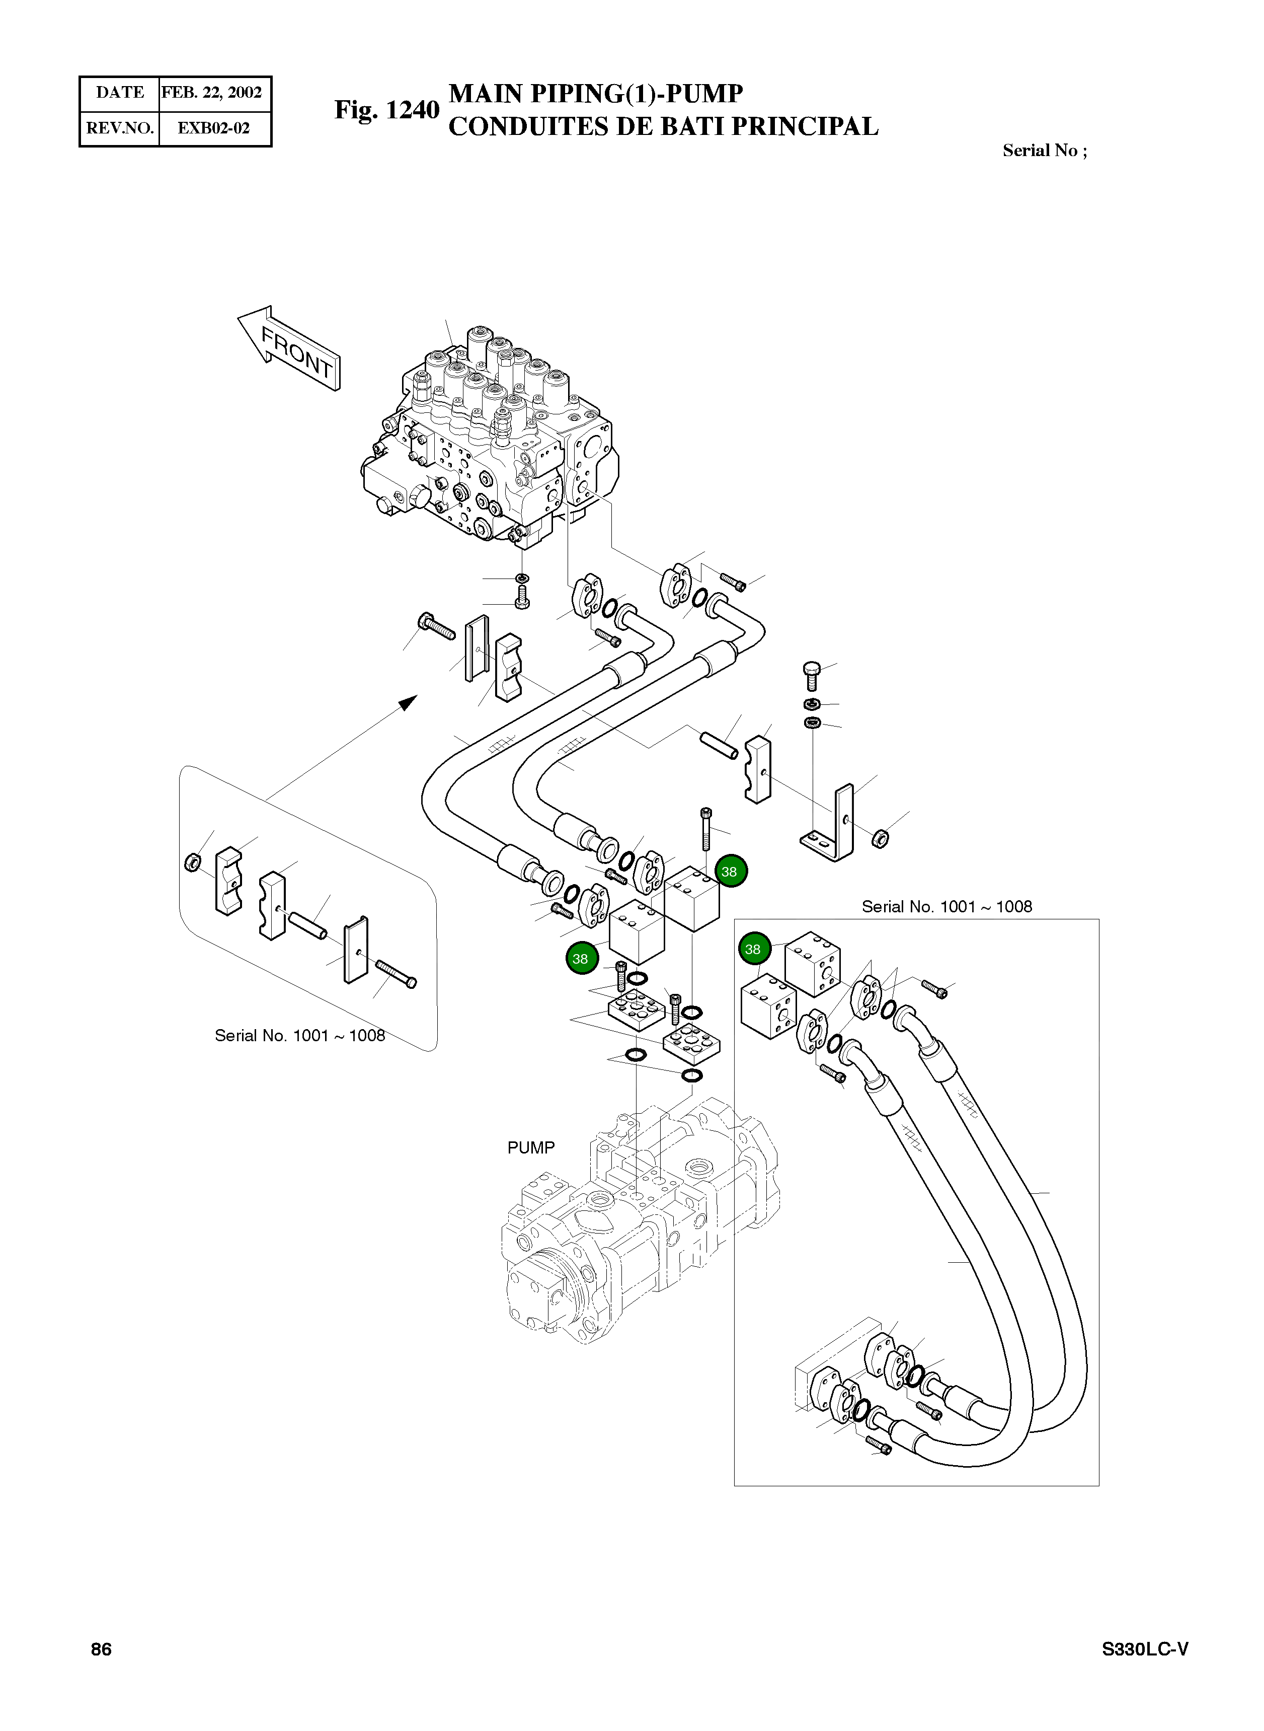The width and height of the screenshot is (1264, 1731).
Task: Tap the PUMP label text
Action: [530, 1147]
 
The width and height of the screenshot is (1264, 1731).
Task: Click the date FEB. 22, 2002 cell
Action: [212, 93]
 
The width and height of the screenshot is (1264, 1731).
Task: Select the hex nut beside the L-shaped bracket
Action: [881, 838]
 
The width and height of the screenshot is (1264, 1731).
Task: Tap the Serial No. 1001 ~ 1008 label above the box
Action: [946, 906]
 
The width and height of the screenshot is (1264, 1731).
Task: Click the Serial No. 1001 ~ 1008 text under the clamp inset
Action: [299, 1035]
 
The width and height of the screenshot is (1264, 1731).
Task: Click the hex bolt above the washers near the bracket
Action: [812, 675]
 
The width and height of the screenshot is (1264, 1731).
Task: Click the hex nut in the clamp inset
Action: [193, 862]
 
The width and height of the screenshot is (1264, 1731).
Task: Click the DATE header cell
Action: [119, 93]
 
